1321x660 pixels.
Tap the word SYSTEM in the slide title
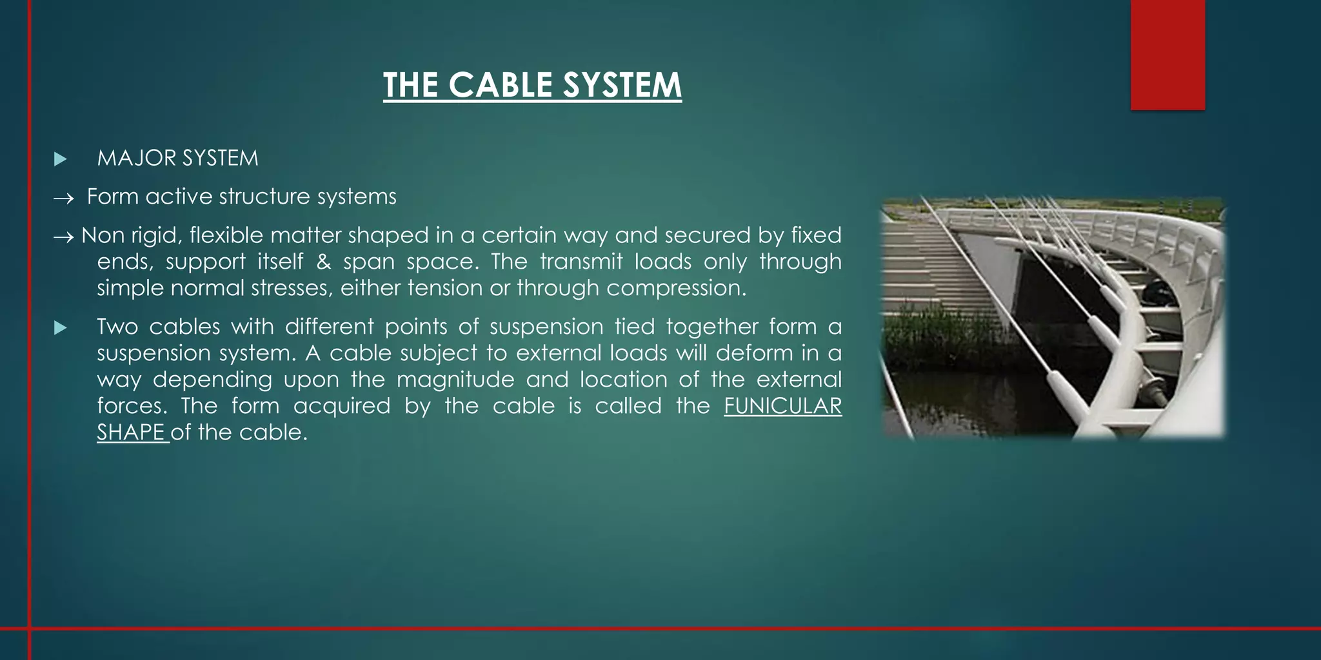click(622, 85)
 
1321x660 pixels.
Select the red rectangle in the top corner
click(1167, 54)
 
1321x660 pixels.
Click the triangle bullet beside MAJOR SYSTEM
click(61, 159)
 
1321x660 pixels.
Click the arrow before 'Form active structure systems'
click(64, 199)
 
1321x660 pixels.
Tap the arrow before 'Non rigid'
click(63, 237)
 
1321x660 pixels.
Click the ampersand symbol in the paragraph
click(323, 262)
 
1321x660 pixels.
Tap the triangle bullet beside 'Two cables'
click(61, 328)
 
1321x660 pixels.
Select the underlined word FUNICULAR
click(782, 406)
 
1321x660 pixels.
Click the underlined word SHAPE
click(131, 432)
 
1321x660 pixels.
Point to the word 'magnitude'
click(455, 380)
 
